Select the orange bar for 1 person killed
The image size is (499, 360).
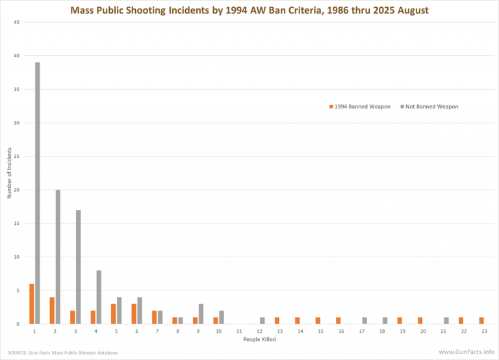pyautogui.click(x=32, y=303)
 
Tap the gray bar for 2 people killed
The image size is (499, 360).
pyautogui.click(x=58, y=257)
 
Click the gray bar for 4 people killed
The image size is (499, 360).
pyautogui.click(x=99, y=297)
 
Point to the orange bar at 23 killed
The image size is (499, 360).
pyautogui.click(x=481, y=320)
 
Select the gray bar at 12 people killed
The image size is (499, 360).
pyautogui.click(x=262, y=320)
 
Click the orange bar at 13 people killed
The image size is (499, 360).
pyautogui.click(x=277, y=320)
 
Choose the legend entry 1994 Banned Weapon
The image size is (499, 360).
pyautogui.click(x=360, y=107)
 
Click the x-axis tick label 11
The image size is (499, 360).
pyautogui.click(x=238, y=331)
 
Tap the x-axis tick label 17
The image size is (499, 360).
pyautogui.click(x=361, y=331)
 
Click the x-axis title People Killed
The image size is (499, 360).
pyautogui.click(x=259, y=340)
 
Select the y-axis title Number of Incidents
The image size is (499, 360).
pyautogui.click(x=10, y=174)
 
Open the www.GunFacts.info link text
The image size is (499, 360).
pyautogui.click(x=466, y=352)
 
